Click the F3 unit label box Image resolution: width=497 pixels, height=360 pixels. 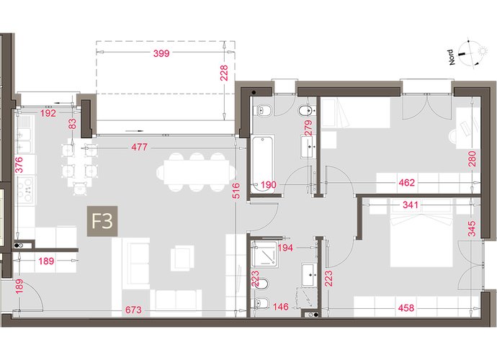pyautogui.click(x=102, y=221)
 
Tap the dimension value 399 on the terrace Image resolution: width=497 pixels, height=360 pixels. pyautogui.click(x=161, y=53)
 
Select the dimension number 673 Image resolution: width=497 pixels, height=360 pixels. pyautogui.click(x=133, y=310)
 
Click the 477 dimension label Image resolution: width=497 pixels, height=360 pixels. pyautogui.click(x=140, y=147)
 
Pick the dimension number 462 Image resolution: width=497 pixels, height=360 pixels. pyautogui.click(x=407, y=183)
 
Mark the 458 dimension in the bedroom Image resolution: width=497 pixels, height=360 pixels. pyautogui.click(x=406, y=307)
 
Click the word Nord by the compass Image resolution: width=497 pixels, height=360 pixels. pyautogui.click(x=452, y=58)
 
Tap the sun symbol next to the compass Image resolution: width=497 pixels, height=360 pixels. pyautogui.click(x=483, y=50)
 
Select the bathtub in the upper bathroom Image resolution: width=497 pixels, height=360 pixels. pyautogui.click(x=262, y=163)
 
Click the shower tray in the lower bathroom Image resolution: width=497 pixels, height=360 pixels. pyautogui.click(x=264, y=254)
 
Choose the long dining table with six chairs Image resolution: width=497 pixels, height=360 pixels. pyautogui.click(x=197, y=173)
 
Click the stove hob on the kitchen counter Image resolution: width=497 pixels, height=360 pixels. pyautogui.click(x=26, y=189)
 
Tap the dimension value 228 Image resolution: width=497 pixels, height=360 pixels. pyautogui.click(x=224, y=73)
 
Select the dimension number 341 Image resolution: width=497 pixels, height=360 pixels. pyautogui.click(x=411, y=204)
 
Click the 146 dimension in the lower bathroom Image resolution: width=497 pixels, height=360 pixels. pyautogui.click(x=281, y=307)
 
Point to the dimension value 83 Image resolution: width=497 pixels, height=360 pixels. pyautogui.click(x=72, y=124)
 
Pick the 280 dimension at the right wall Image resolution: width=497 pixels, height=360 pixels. pyautogui.click(x=472, y=159)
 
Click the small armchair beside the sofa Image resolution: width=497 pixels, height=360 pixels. pyautogui.click(x=182, y=258)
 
